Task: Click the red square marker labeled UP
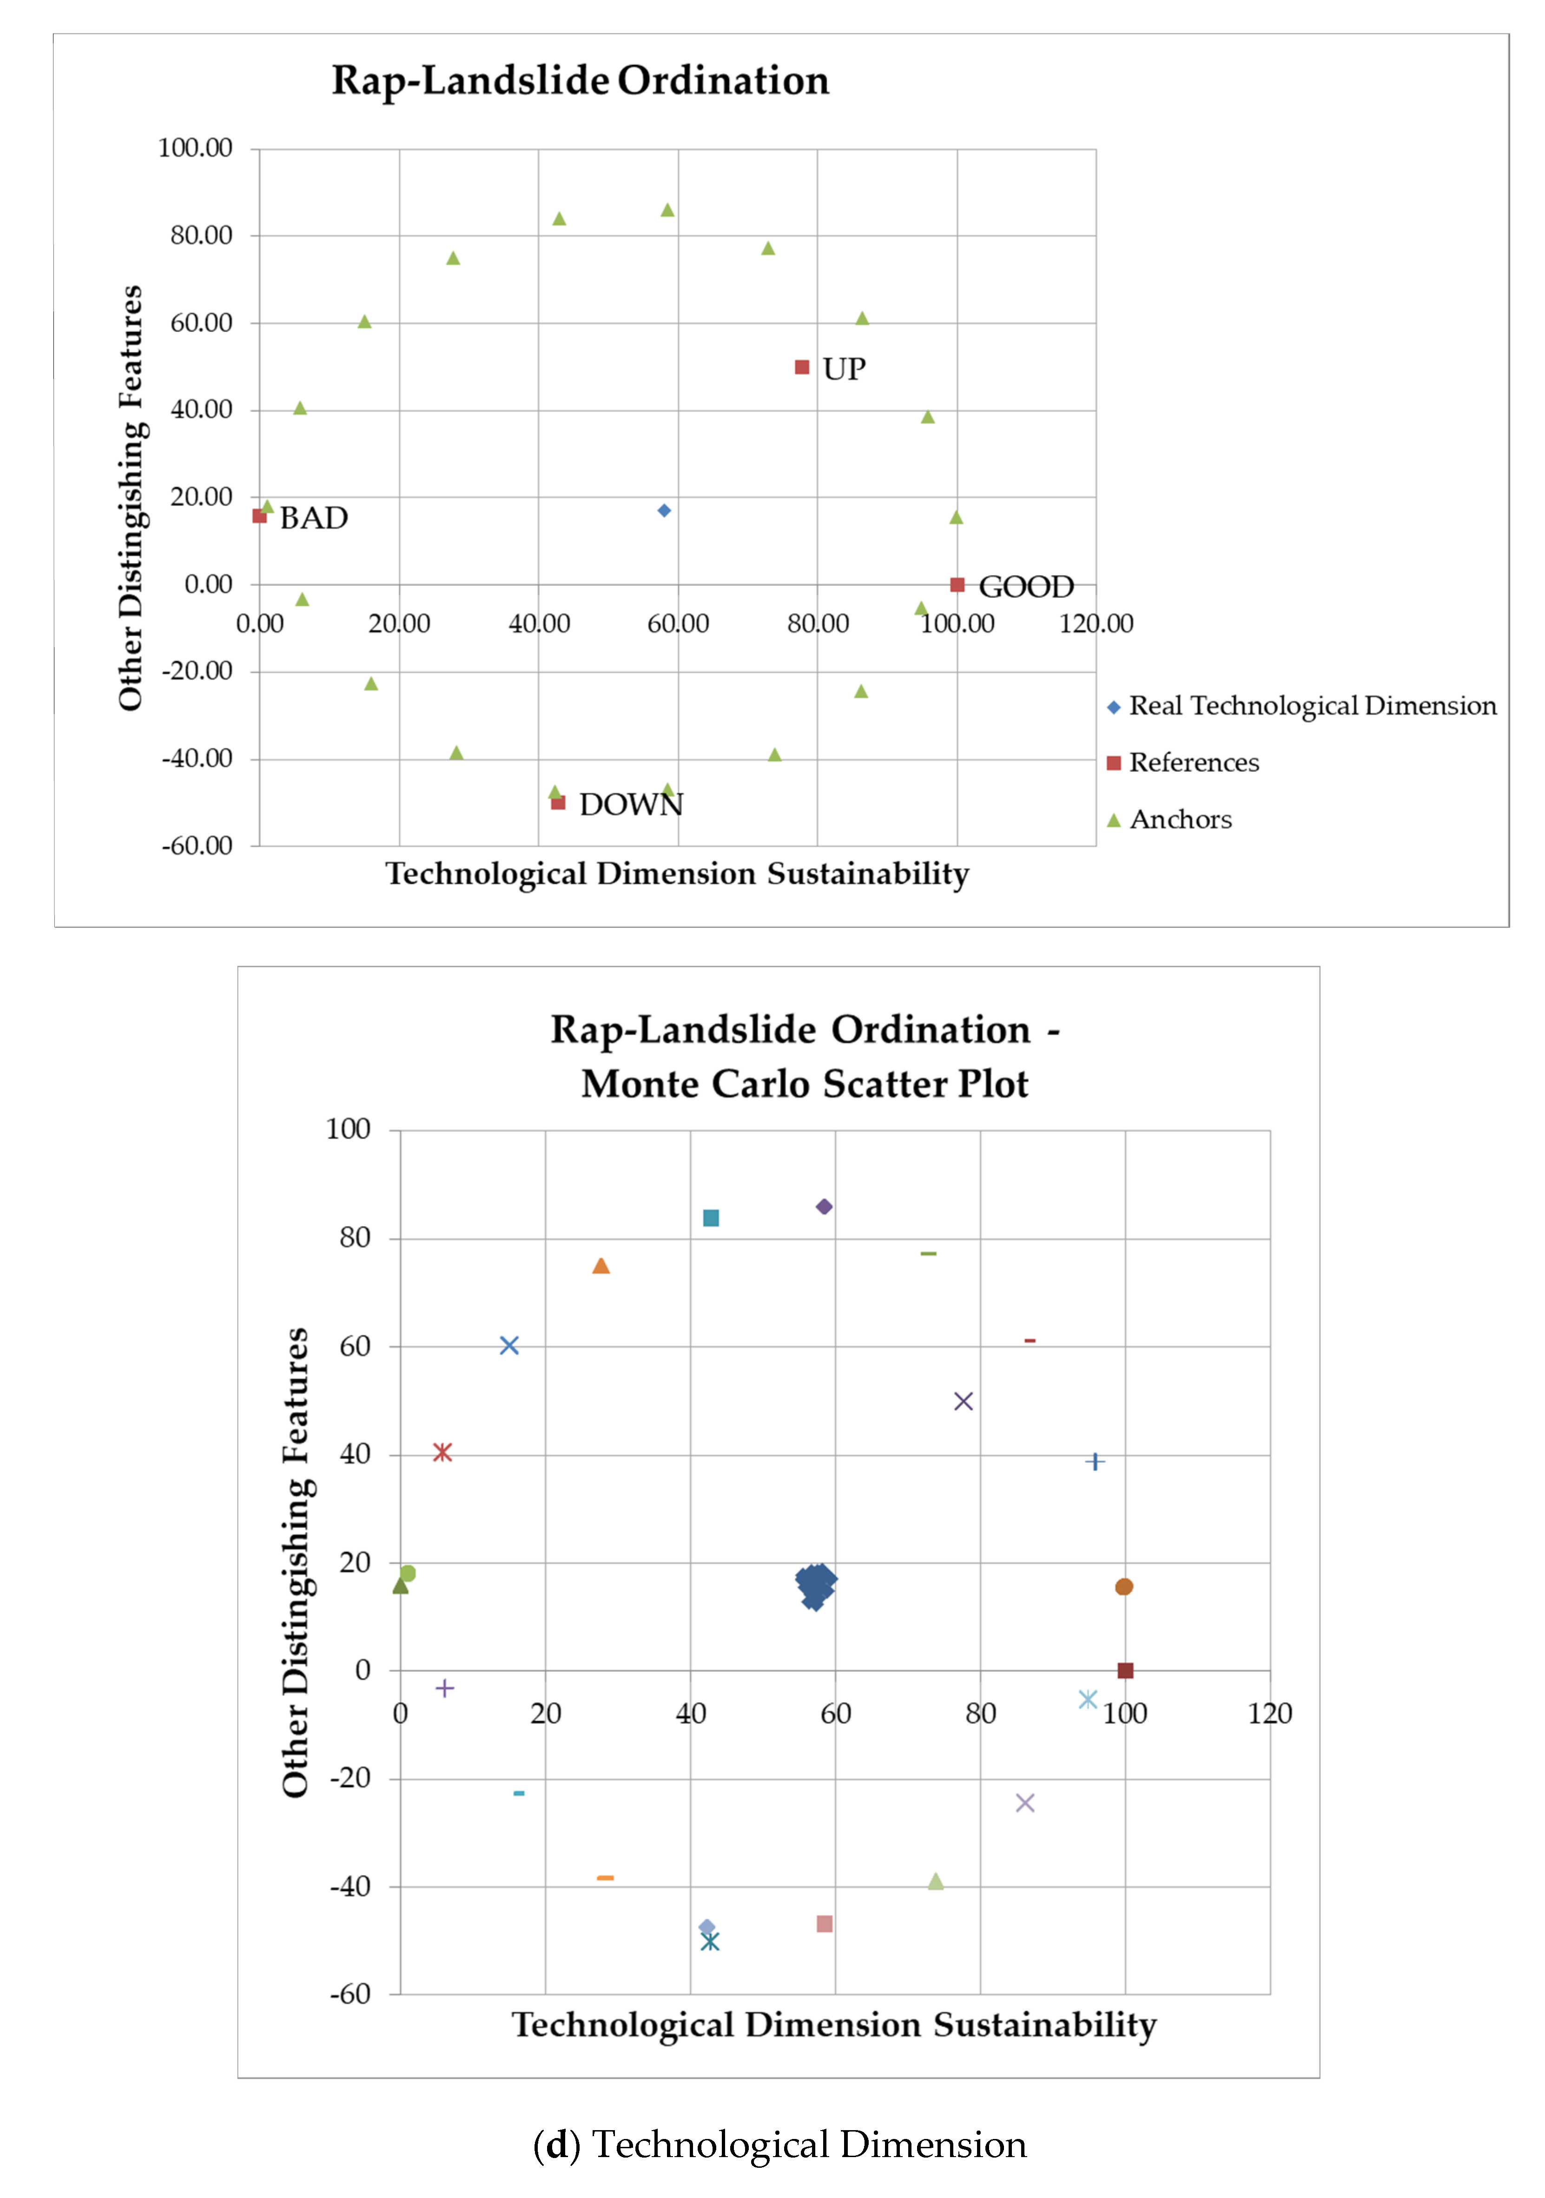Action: (802, 368)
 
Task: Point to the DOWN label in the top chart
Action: (631, 804)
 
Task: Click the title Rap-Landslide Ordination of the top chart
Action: (580, 80)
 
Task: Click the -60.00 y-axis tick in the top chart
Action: (197, 845)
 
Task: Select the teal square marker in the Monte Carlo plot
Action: (710, 1218)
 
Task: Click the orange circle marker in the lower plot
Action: (1124, 1586)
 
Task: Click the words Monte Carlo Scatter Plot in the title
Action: (804, 1084)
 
